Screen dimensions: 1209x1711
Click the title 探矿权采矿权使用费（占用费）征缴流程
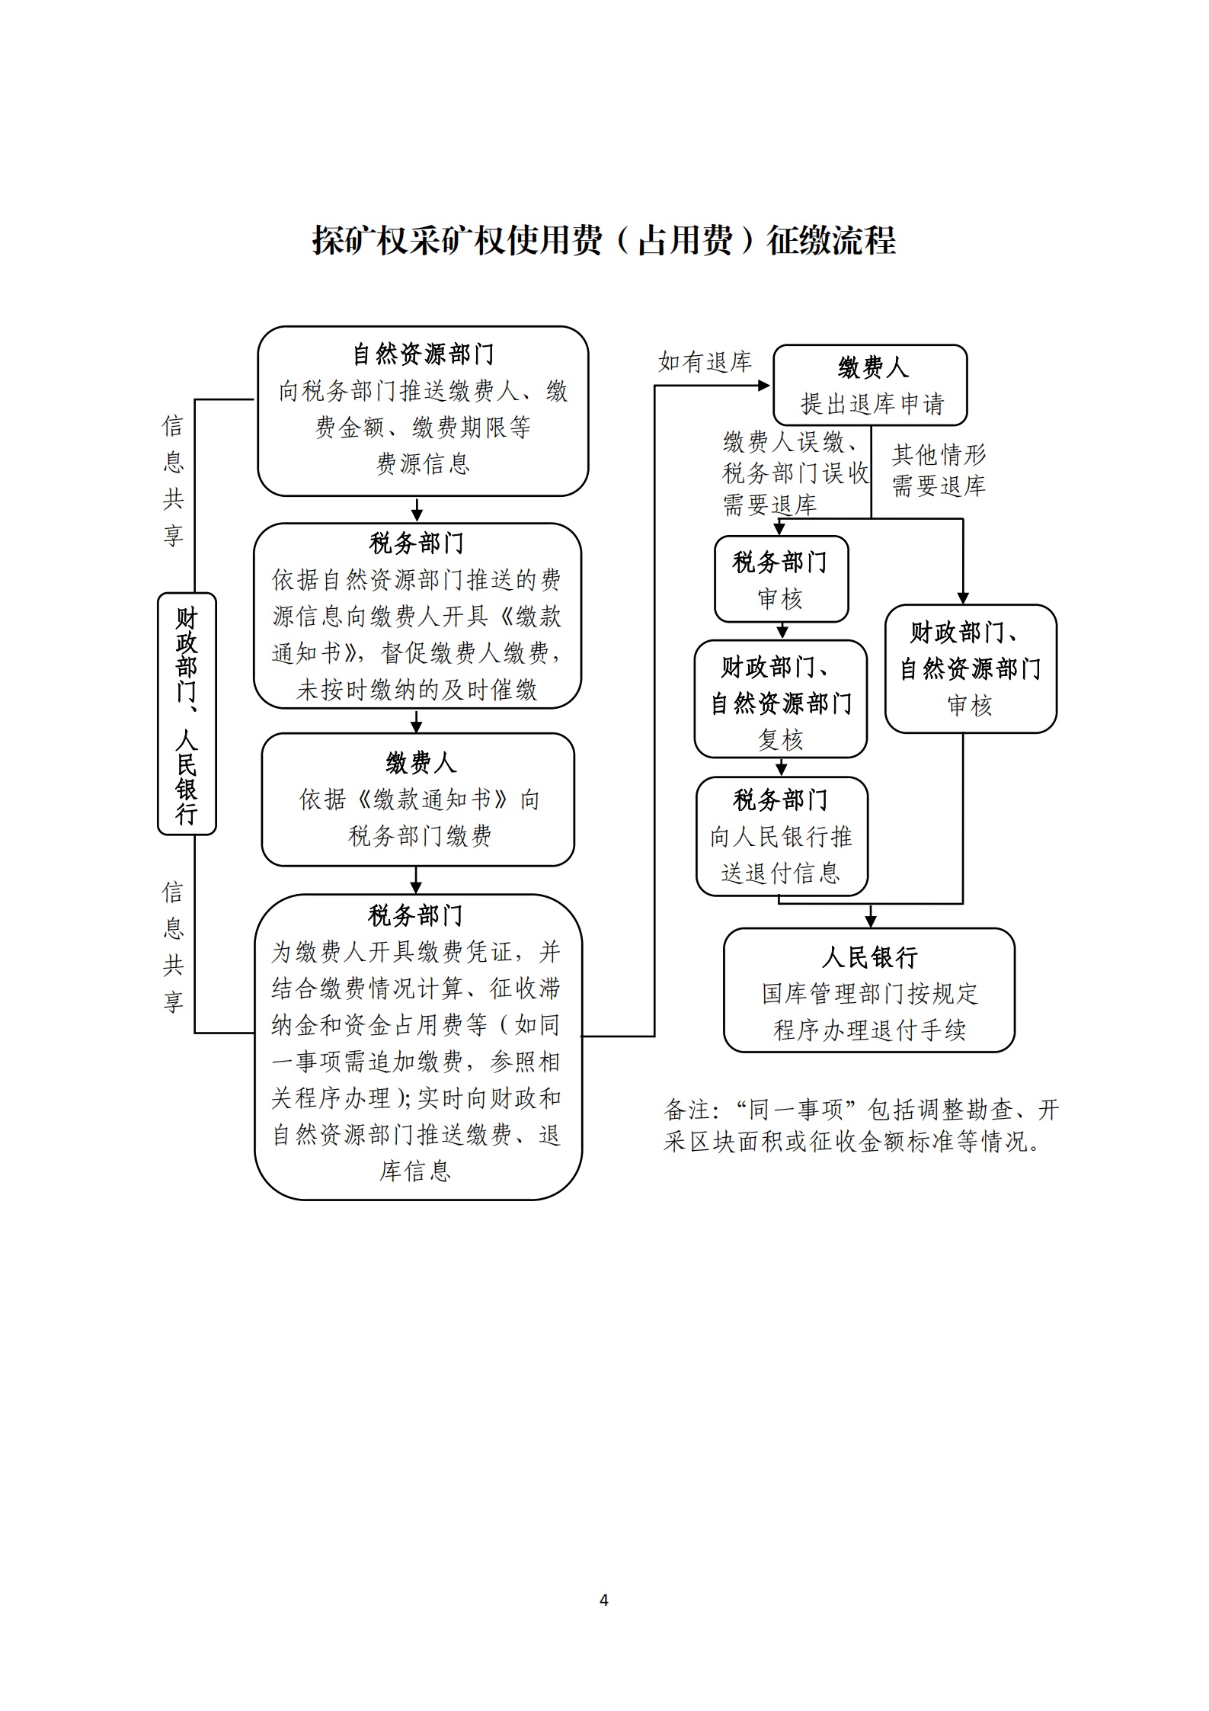click(x=604, y=241)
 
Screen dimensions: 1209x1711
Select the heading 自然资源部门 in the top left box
click(x=423, y=354)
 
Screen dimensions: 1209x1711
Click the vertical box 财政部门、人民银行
click(x=187, y=713)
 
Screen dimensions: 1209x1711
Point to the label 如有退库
click(x=705, y=362)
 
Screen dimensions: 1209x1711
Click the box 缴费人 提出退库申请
click(x=870, y=385)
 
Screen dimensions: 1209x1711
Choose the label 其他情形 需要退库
click(x=939, y=470)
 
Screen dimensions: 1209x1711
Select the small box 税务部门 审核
click(x=781, y=579)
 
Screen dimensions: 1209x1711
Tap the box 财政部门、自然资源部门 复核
click(x=781, y=699)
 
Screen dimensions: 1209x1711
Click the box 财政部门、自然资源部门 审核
click(x=971, y=668)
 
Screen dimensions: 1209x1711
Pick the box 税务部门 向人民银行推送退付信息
click(x=782, y=836)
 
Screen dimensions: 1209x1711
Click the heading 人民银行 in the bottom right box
click(x=869, y=957)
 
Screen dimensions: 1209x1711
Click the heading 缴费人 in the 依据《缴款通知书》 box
click(x=420, y=763)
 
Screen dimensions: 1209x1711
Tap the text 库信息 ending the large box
click(x=415, y=1171)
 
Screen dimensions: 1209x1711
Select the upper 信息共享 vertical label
click(x=173, y=480)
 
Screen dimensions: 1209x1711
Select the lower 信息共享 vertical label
click(x=173, y=947)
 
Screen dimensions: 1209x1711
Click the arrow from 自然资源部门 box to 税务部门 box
click(x=417, y=509)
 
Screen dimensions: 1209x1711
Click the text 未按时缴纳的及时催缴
click(x=417, y=690)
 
